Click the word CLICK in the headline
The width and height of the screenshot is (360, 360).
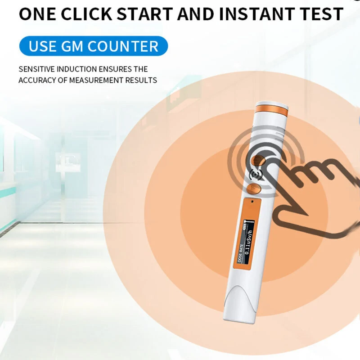86,14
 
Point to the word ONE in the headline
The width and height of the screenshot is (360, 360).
37,14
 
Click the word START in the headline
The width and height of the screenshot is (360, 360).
144,14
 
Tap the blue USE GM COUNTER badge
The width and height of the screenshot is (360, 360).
94,46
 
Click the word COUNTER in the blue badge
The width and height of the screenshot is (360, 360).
123,46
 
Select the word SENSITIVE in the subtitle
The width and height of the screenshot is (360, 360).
37,69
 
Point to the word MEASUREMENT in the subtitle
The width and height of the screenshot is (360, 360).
96,81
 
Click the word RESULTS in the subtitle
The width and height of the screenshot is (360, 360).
141,81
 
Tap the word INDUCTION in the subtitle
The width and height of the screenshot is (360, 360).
76,69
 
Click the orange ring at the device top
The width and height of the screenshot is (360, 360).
271,110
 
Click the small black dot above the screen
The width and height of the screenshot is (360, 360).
252,202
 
